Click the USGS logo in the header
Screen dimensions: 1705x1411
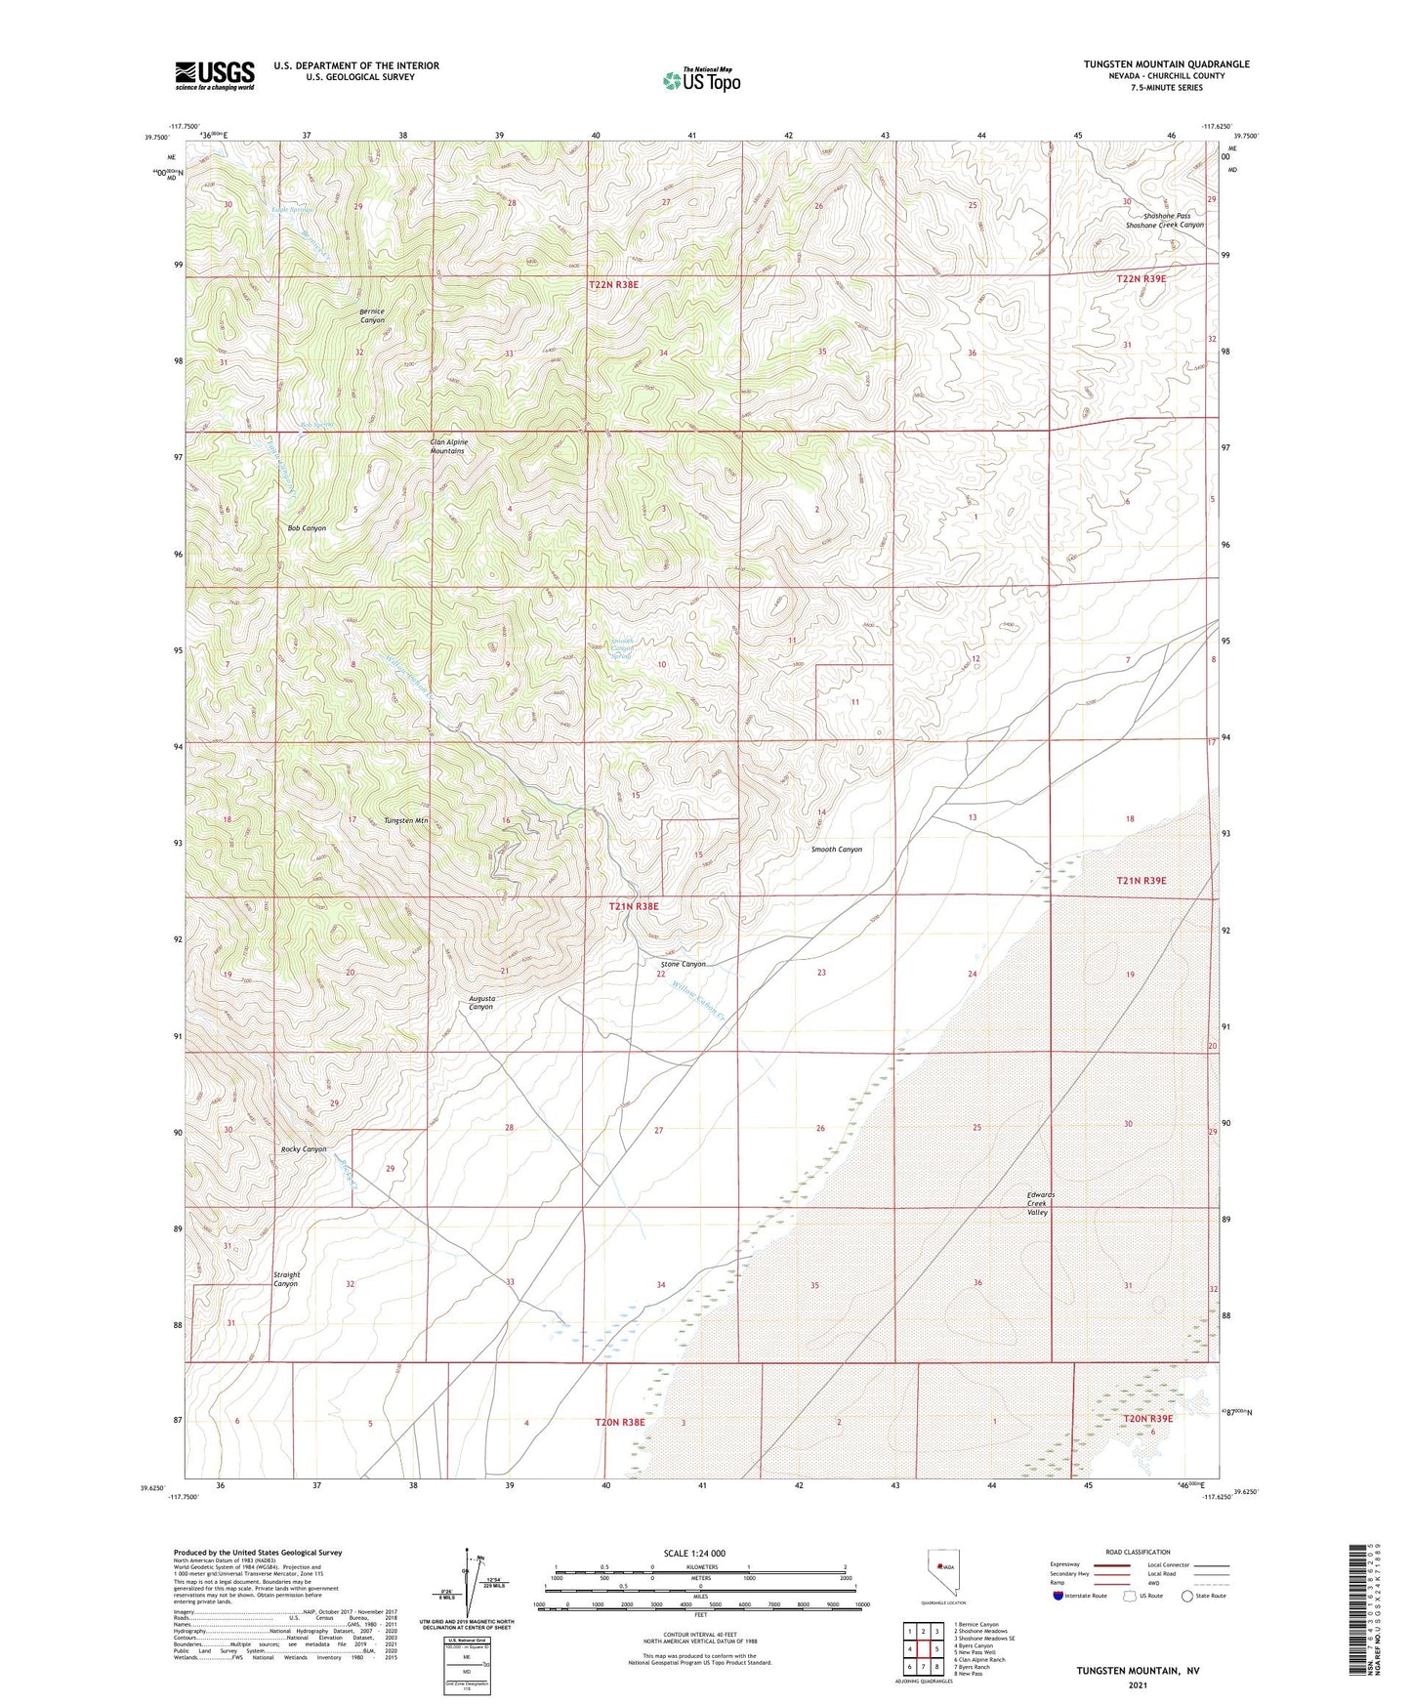215,75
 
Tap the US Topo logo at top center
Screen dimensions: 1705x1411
701,80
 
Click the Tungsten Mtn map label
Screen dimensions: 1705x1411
406,820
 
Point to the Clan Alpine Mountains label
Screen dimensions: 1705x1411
449,446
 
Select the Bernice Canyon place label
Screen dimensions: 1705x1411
372,315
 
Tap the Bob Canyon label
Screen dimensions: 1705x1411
307,528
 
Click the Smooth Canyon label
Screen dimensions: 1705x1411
837,850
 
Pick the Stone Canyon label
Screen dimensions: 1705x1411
683,964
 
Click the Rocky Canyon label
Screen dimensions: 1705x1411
304,1149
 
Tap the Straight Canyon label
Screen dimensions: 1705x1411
286,1279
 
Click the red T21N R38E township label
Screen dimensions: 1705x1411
634,906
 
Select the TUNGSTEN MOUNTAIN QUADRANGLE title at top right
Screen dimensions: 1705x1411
1166,64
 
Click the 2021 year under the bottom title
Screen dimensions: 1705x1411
1138,1684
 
